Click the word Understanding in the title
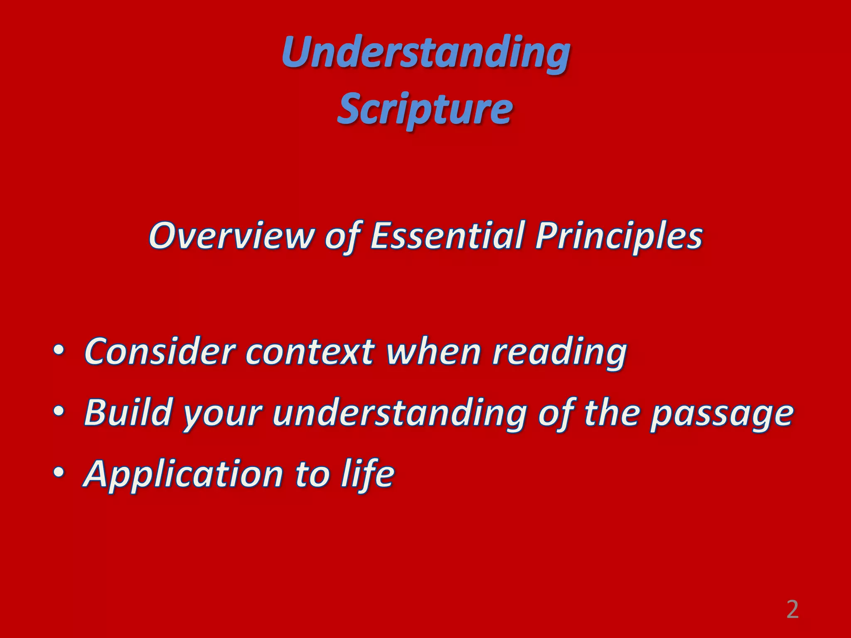coord(425,53)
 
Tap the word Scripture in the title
coord(425,109)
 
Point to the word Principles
coord(618,236)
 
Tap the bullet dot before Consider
coord(59,351)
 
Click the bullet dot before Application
coord(59,473)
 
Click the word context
coord(310,352)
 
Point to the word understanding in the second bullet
coord(399,413)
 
